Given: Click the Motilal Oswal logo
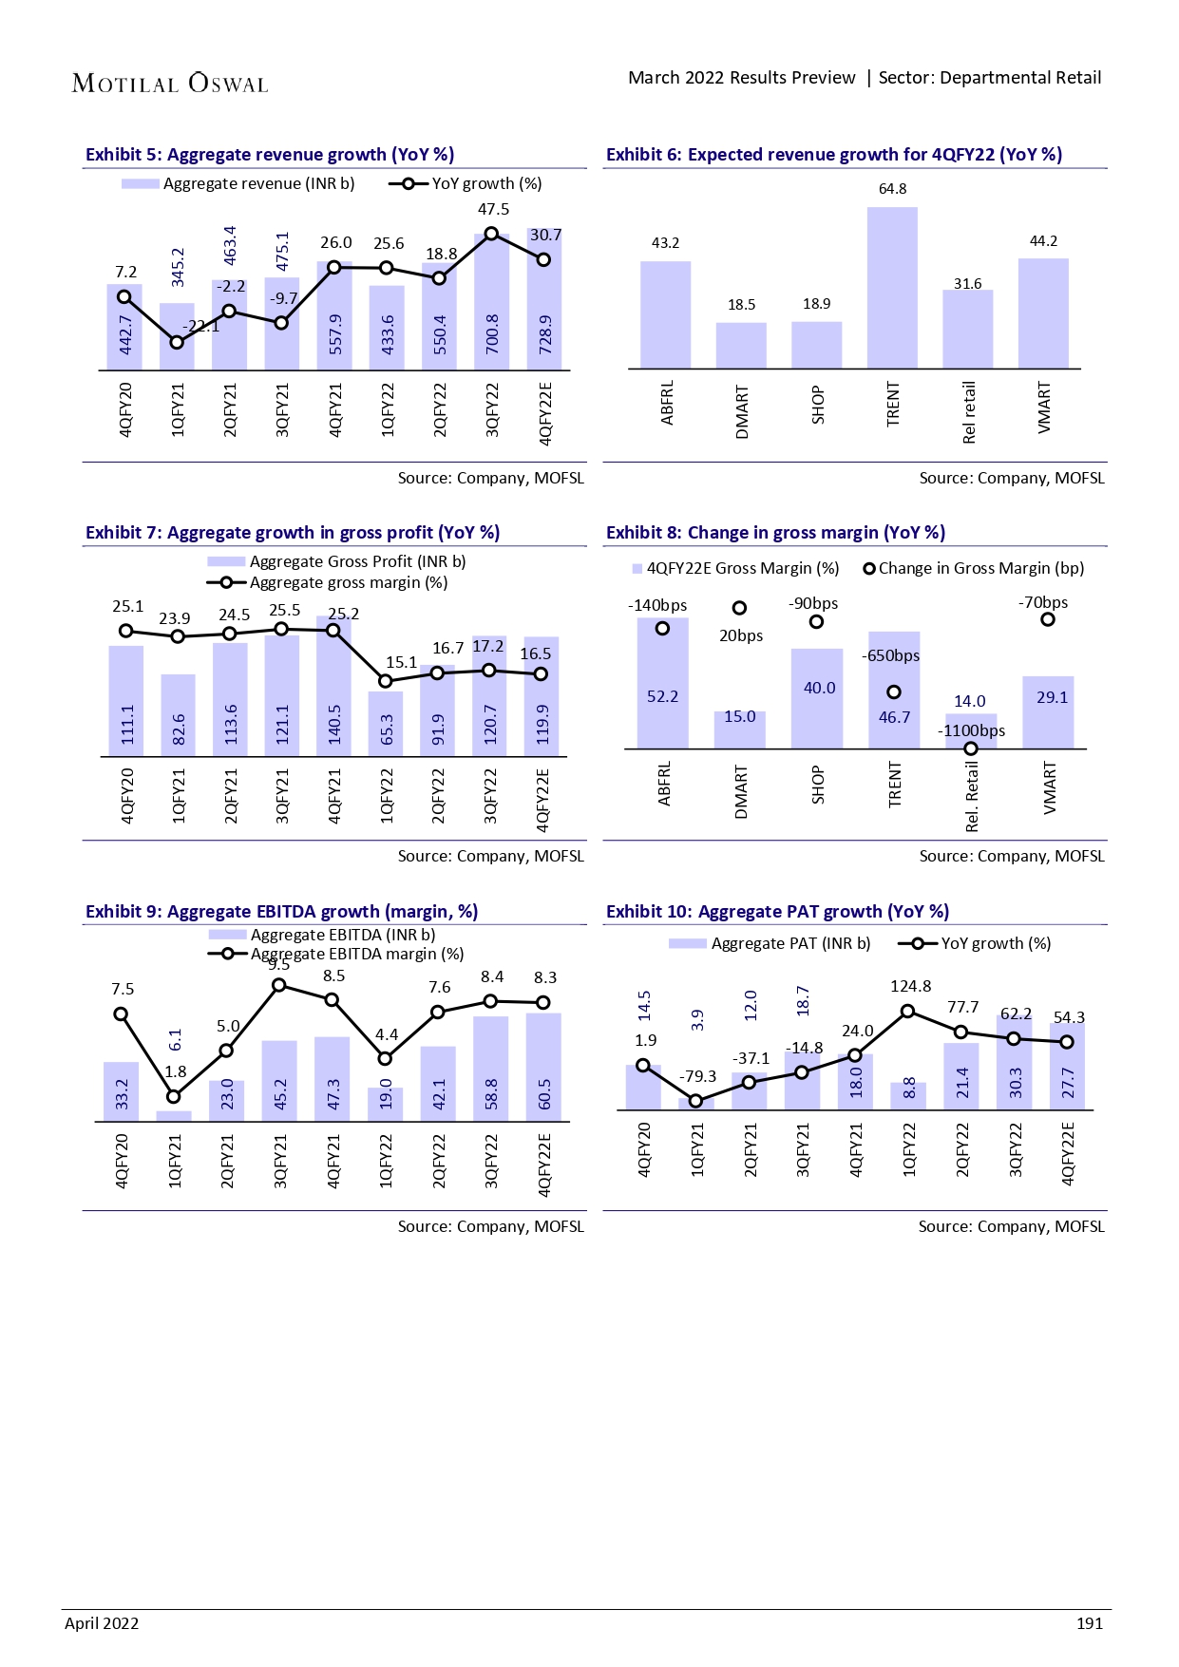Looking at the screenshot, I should [170, 84].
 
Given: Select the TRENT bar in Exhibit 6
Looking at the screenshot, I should [892, 288].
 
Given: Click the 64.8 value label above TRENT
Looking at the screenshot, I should [892, 189].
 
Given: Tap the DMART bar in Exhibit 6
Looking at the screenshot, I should [741, 346].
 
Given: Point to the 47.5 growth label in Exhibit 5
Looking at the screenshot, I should [493, 210].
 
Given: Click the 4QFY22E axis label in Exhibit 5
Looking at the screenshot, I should [544, 413].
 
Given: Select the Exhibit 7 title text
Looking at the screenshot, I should [293, 533].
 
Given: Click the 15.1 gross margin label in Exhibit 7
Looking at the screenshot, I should [401, 662].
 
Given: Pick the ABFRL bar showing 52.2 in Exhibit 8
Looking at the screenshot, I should [662, 684].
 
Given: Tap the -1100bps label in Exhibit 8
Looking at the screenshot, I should [971, 730].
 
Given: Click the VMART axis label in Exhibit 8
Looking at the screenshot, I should [1049, 788].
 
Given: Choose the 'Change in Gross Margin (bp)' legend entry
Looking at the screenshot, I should [973, 568].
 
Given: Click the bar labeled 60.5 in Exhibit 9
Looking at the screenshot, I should [543, 1068].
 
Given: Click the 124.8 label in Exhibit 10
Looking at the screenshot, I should [910, 986].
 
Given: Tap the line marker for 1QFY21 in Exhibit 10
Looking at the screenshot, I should [695, 1101].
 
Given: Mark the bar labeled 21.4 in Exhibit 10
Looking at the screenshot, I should [961, 1076].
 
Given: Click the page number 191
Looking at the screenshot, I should [1089, 1623].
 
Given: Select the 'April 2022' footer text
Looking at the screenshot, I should [102, 1623].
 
